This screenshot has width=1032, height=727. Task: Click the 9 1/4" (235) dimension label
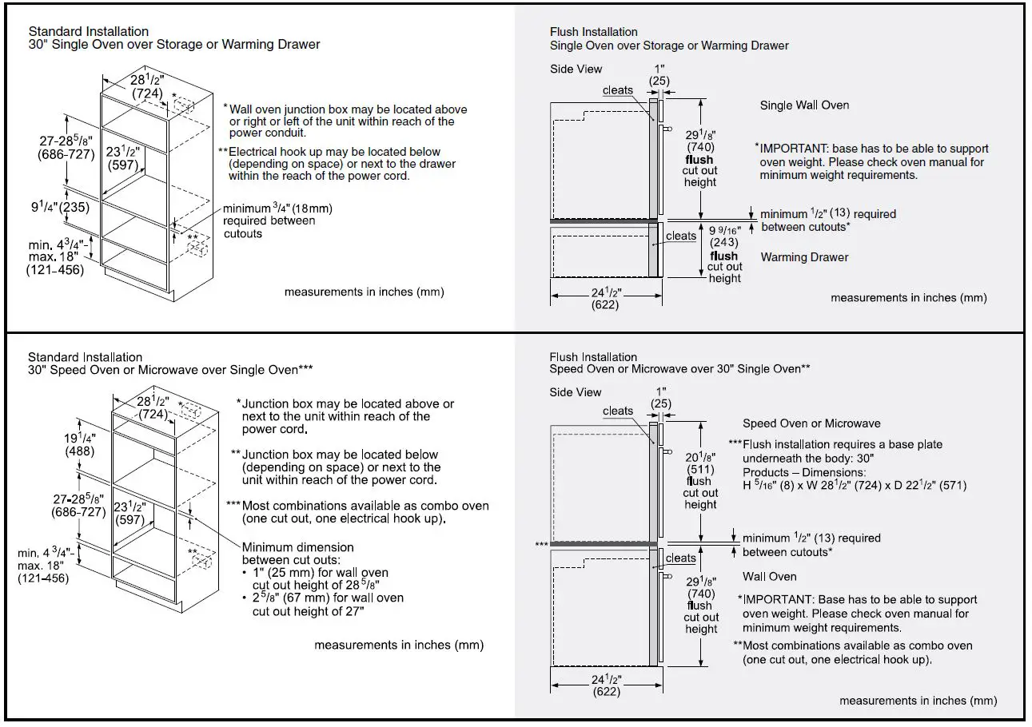[59, 208]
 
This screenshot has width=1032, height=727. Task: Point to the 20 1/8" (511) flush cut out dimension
[700, 463]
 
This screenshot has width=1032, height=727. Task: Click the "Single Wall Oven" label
[804, 105]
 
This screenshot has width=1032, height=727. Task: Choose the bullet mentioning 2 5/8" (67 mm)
[328, 605]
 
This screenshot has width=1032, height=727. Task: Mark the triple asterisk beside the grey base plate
[541, 544]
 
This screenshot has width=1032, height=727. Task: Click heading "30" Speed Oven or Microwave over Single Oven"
[169, 370]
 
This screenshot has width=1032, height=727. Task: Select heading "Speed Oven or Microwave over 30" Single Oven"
[680, 369]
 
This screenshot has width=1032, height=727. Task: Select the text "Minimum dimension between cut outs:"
[297, 553]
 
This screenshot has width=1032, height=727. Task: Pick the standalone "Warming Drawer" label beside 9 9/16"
[804, 257]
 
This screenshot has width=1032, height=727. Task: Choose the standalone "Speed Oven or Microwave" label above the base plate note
[811, 423]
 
